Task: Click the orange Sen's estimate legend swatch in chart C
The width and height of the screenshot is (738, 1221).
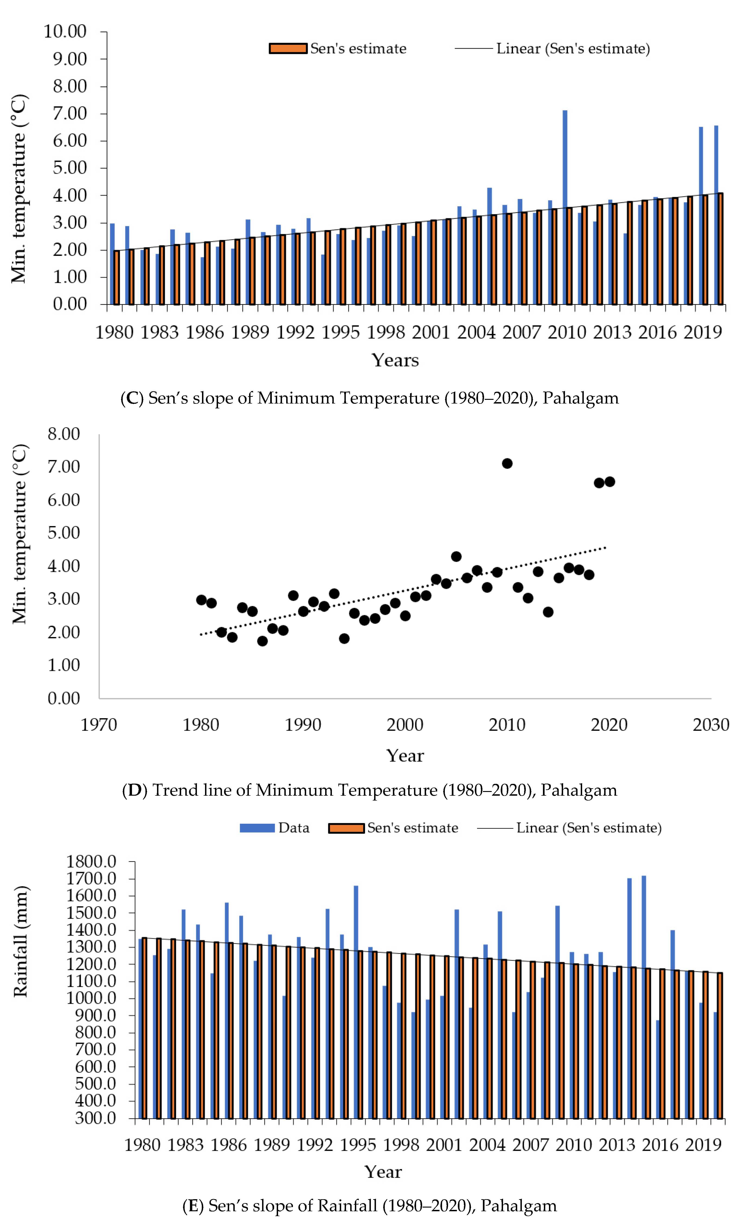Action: pos(287,48)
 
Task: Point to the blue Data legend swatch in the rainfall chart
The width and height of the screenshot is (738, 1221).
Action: pos(257,828)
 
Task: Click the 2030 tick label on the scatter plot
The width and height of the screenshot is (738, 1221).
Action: pos(710,725)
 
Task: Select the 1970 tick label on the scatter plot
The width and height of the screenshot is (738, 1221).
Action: pos(99,725)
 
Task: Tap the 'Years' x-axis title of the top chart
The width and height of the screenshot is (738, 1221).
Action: pos(395,360)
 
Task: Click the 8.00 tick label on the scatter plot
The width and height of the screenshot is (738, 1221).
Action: pos(64,434)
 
